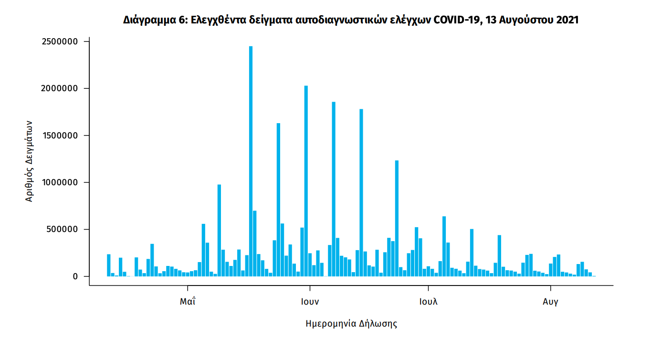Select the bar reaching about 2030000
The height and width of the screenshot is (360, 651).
point(306,181)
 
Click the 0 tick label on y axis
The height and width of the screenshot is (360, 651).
point(74,276)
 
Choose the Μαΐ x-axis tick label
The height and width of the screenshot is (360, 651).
point(188,302)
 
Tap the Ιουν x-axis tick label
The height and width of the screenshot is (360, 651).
point(310,302)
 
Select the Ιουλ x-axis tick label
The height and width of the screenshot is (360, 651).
point(429,302)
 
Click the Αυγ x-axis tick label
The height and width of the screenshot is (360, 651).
point(551,302)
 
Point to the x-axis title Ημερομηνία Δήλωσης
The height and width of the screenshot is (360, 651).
point(351,324)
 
